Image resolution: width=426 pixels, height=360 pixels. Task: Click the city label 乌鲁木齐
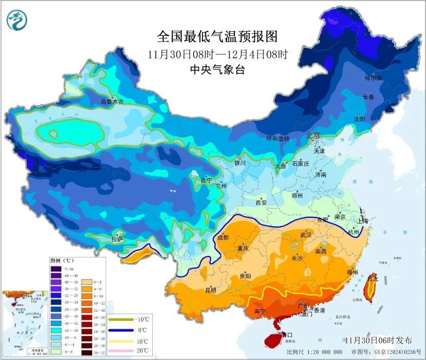[112, 102]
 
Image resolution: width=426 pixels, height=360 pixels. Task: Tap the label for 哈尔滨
[373, 78]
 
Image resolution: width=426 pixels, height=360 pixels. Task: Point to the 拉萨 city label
[117, 239]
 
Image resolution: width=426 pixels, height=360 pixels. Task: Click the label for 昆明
[210, 290]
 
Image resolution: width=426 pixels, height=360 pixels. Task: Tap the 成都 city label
[224, 237]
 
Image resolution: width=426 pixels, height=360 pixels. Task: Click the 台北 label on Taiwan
[373, 279]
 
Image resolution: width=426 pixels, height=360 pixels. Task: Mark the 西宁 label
[206, 181]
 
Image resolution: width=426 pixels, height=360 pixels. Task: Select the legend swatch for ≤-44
[55, 269]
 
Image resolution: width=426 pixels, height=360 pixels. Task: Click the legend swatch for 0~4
[86, 282]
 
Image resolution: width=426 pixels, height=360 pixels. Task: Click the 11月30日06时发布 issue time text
[378, 341]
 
